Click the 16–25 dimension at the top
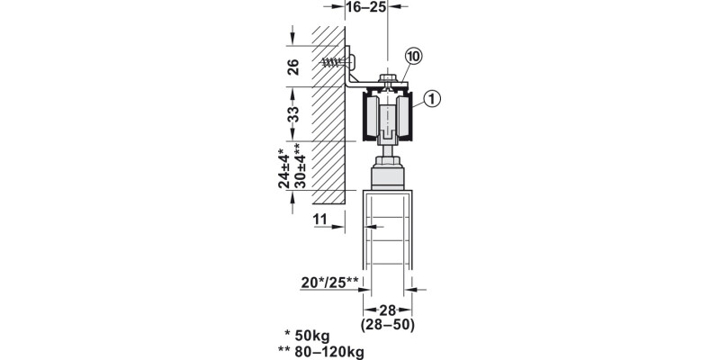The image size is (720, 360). point(366,7)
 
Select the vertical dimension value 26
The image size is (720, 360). point(293,67)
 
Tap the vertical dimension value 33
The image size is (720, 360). point(293,114)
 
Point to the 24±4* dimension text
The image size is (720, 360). point(284,168)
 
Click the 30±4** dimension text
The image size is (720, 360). point(299,166)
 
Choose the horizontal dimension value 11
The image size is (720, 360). point(320,220)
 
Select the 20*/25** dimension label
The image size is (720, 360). point(329,283)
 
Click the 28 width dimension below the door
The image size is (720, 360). point(388,310)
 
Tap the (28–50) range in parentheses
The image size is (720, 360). point(388,325)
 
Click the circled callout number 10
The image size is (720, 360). point(413,57)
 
